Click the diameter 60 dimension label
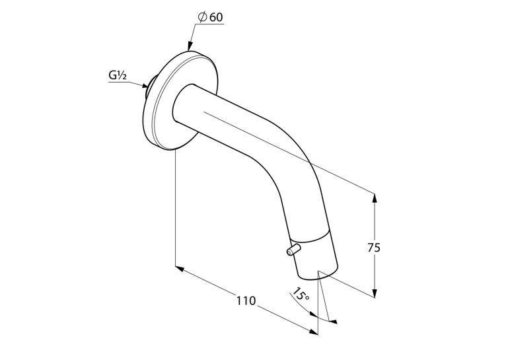[211, 17]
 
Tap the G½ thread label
[118, 75]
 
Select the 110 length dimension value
[246, 301]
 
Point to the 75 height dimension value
[374, 248]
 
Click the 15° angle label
[301, 294]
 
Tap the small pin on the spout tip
[294, 250]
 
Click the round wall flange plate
[180, 100]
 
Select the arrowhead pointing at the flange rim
[190, 46]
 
